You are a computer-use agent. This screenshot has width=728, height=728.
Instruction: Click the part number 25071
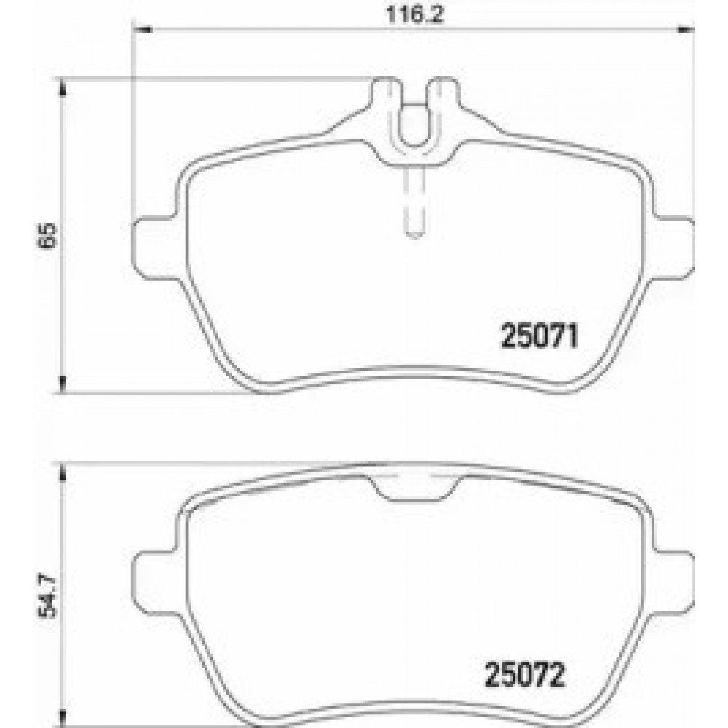(538, 337)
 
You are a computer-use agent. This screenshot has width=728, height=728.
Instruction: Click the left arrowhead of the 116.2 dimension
(140, 30)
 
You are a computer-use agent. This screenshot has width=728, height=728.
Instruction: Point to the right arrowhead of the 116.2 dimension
(686, 30)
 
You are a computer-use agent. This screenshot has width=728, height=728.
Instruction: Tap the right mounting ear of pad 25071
(673, 245)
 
